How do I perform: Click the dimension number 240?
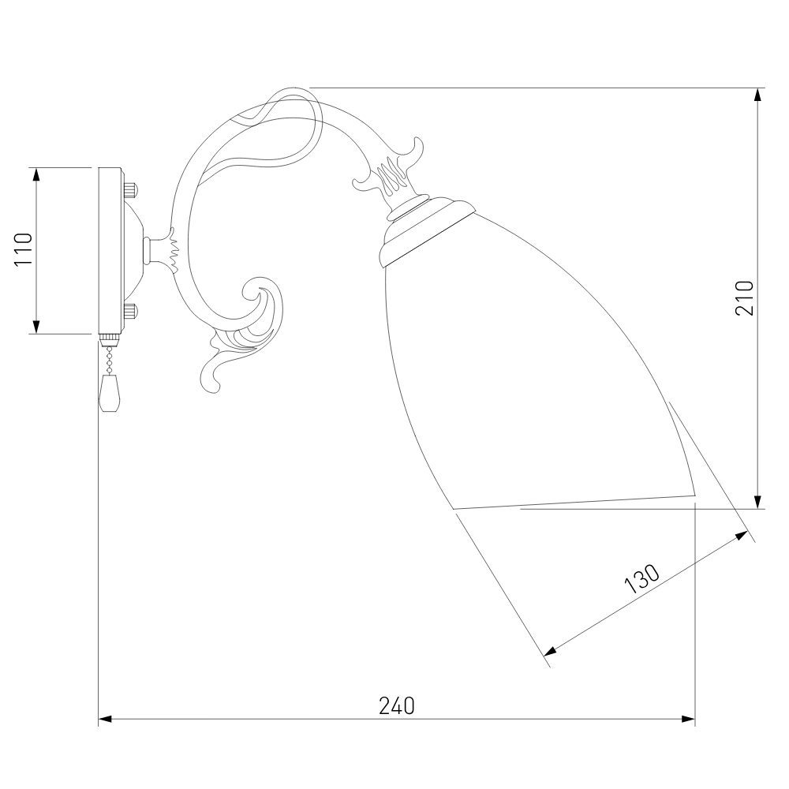397,705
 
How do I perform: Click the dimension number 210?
746,298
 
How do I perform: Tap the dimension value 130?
641,579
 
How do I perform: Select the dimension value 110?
24,249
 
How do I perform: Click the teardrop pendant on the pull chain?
110,394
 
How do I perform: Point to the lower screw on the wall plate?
130,312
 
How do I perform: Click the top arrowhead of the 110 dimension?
36,175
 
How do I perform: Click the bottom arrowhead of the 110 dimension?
36,326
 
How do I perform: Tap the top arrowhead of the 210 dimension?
757,96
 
